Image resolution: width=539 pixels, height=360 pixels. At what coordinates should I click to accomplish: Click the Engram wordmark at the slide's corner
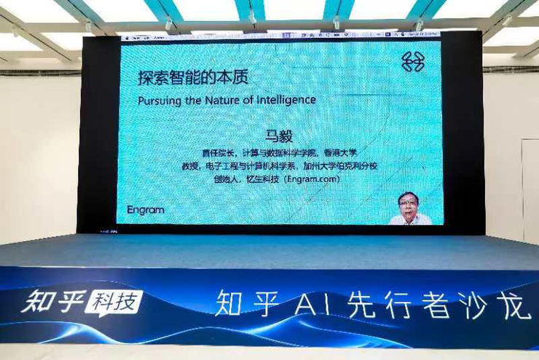146,210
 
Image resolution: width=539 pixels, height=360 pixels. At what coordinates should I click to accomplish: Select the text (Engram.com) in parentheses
312,179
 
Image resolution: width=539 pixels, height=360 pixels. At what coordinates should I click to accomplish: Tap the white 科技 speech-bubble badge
114,302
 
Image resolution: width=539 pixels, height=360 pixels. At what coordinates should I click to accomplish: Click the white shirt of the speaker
410,219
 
